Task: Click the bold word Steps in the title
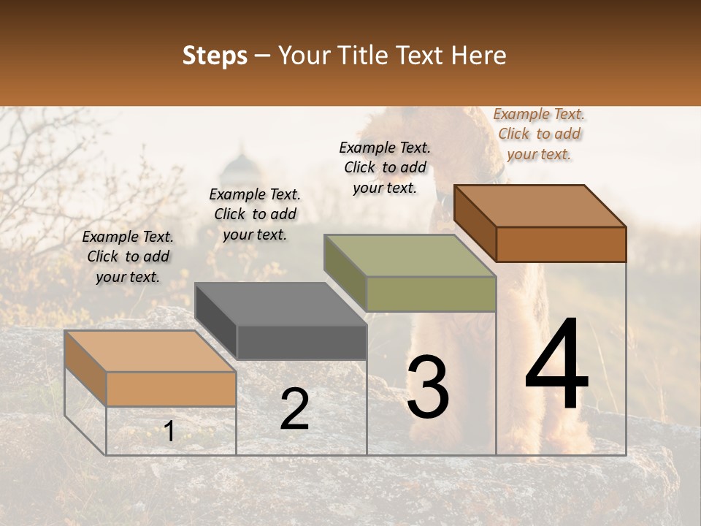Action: coord(215,56)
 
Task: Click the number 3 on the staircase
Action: coord(428,387)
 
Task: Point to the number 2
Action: coord(294,409)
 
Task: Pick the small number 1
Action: coord(169,431)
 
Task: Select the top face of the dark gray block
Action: coord(280,304)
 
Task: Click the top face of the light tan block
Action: coord(150,351)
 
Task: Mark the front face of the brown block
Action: coord(561,244)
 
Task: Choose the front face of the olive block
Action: coord(431,294)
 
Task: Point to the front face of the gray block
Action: coord(302,343)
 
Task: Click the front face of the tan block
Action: coord(172,389)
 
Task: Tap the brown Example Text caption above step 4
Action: coord(539,134)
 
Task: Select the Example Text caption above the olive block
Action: coord(385,167)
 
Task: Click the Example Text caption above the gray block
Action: coord(255,214)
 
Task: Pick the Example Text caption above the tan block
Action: coord(128,256)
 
